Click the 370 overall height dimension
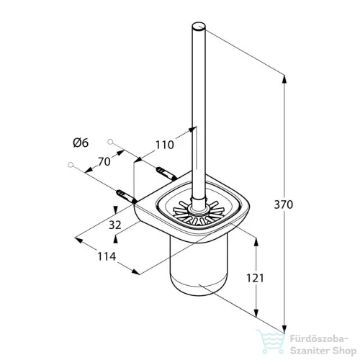point(284,204)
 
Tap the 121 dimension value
point(255,278)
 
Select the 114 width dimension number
point(107,256)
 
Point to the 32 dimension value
point(115,225)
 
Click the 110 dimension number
point(165,145)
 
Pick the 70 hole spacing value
point(104,162)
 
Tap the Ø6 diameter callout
point(81,143)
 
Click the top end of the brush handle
point(199,26)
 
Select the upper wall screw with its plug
point(166,174)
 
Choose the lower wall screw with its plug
point(127,197)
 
